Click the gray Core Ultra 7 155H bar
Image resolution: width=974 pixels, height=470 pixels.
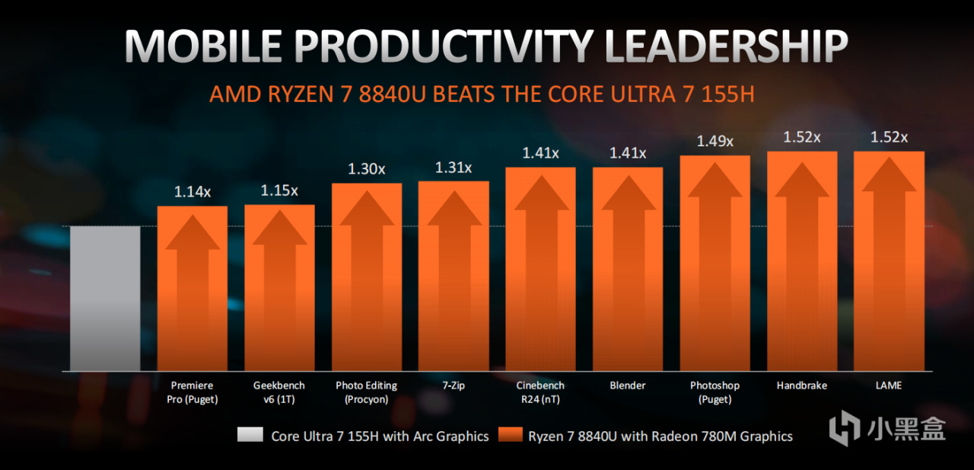pos(105,298)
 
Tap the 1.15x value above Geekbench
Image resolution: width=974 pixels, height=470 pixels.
pos(279,190)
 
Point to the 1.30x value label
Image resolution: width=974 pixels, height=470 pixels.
pos(367,169)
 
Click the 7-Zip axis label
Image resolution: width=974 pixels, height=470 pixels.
pos(454,385)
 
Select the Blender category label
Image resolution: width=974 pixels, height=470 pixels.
pos(628,385)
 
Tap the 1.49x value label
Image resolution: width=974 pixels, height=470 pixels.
pos(715,141)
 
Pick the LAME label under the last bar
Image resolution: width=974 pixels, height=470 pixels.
pos(889,385)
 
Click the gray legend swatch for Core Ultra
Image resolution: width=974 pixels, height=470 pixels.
pos(250,435)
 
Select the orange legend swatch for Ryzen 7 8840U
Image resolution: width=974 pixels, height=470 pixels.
pos(511,435)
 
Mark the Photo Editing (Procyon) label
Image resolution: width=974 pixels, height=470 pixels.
pos(367,392)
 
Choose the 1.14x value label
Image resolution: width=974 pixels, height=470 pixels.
pos(192,192)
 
